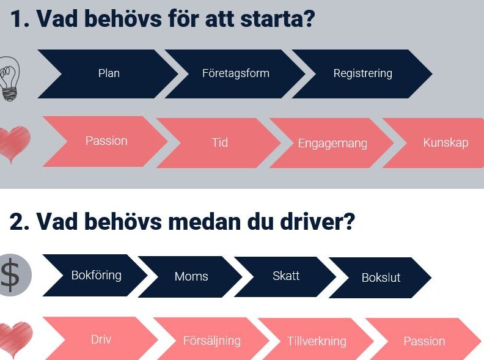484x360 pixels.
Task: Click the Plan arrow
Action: coord(108,74)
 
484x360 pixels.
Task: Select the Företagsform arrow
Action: coord(235,74)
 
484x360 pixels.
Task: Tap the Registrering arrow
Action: coord(362,74)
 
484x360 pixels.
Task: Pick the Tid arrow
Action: coord(219,143)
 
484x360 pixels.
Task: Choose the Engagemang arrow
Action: coord(332,143)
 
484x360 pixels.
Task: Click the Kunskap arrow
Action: coord(438,143)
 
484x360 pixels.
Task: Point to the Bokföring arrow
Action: coord(96,276)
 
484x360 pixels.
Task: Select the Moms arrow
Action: coord(191,277)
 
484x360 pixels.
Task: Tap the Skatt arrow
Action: coord(285,277)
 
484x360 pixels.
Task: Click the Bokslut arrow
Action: coord(381,277)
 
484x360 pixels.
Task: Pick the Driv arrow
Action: coord(101,339)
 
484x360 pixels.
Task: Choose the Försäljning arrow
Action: coord(211,340)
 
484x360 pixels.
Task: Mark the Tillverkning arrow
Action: coord(317,340)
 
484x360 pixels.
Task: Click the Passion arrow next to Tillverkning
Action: coord(424,340)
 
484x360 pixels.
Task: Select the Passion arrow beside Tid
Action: coord(106,141)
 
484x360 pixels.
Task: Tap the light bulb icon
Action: coord(9,79)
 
